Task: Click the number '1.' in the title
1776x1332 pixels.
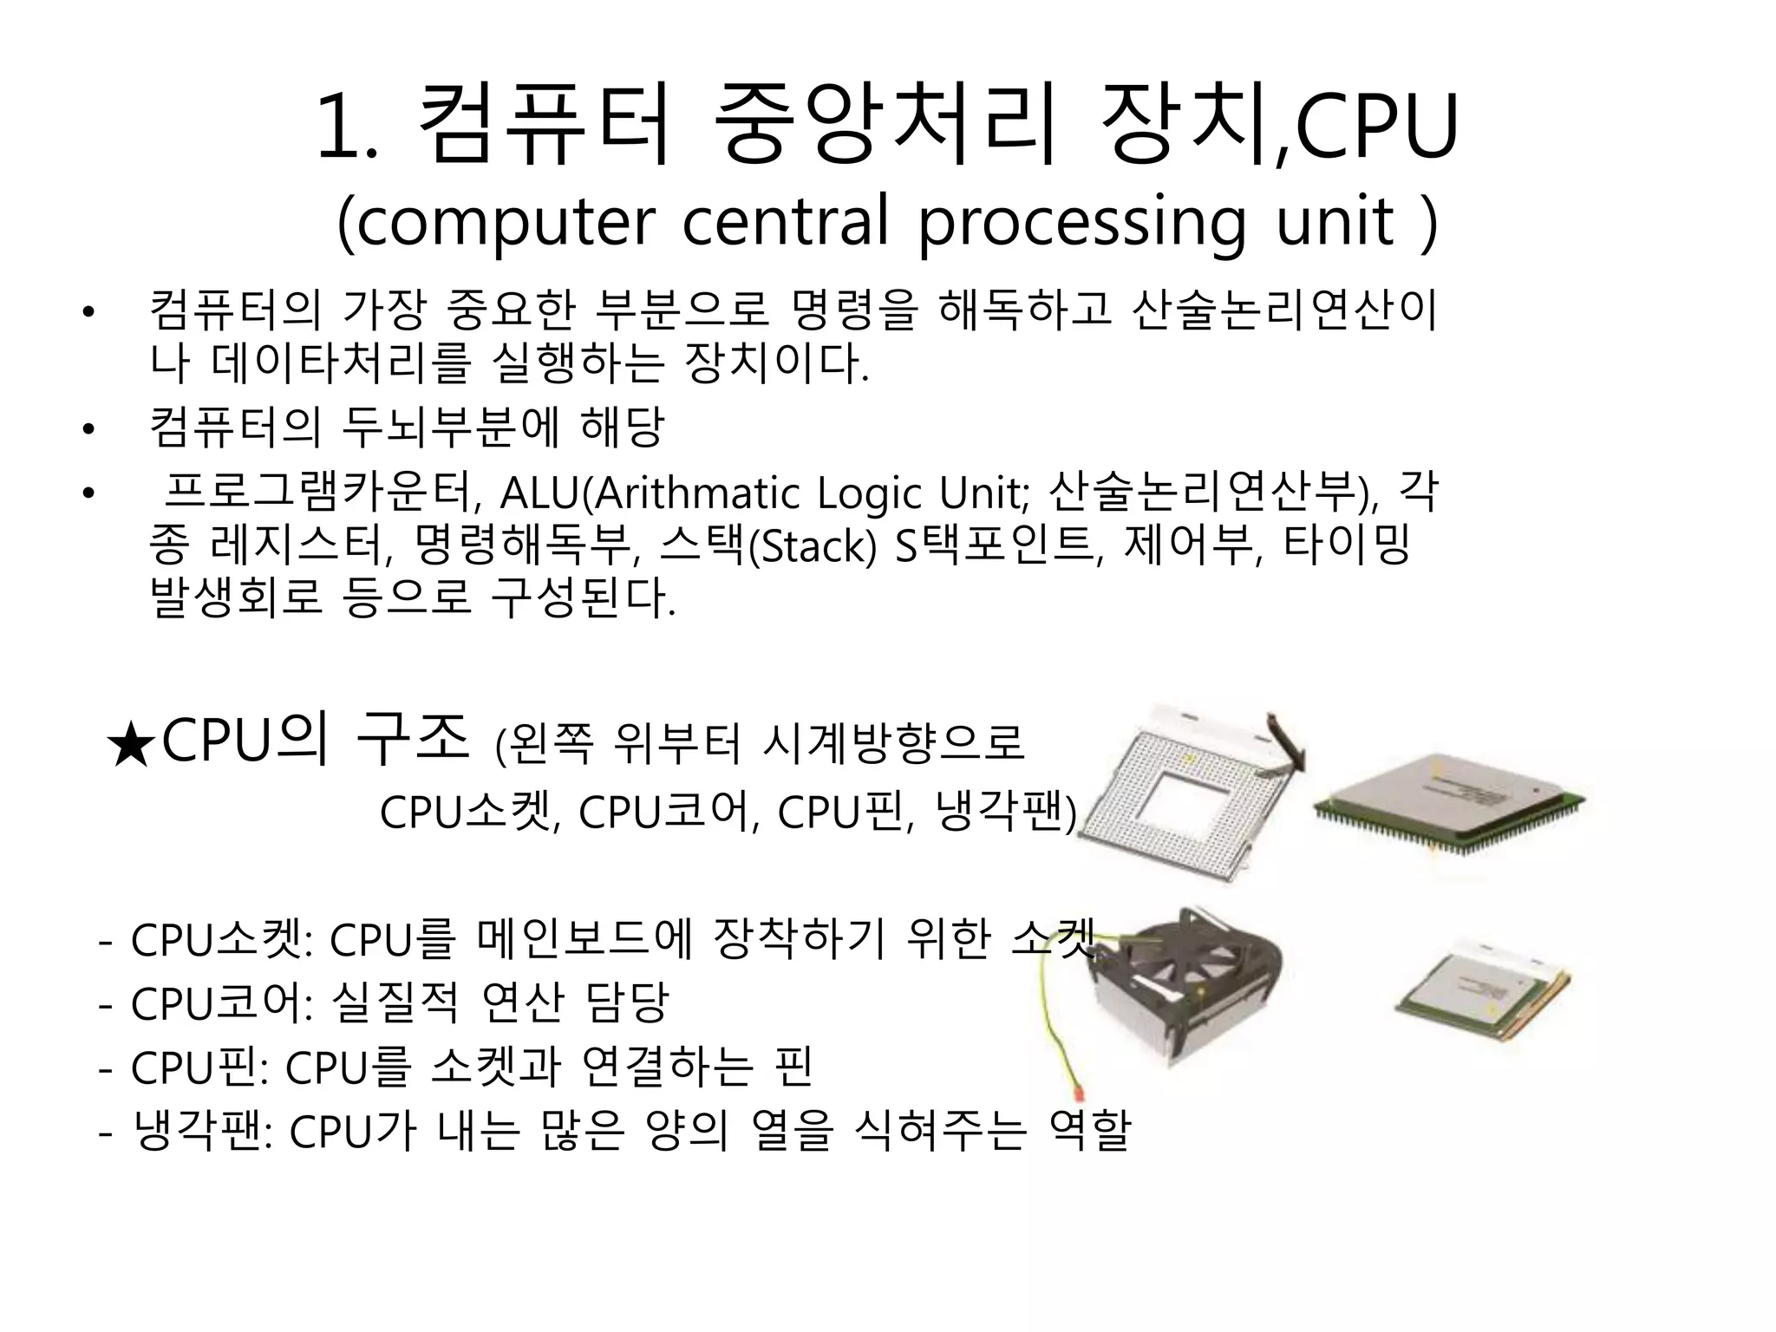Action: [x=348, y=130]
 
